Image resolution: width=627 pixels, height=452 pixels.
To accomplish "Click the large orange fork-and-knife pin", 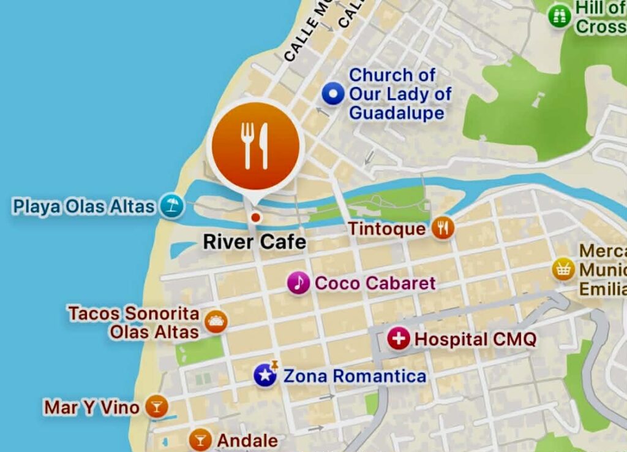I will click(x=255, y=146).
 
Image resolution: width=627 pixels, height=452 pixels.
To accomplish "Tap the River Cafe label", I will click(x=255, y=242).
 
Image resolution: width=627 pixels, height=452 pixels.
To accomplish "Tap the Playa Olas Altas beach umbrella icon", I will click(x=172, y=205).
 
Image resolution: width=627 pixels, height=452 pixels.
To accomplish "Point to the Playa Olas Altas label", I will click(x=84, y=206).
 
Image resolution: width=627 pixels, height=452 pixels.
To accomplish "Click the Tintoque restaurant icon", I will click(x=443, y=228).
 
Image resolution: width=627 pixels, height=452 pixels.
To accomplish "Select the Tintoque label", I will click(x=386, y=229).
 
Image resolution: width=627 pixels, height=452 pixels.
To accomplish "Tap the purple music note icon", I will click(x=298, y=283).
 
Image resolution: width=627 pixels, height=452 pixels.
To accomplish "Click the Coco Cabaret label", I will click(x=375, y=283).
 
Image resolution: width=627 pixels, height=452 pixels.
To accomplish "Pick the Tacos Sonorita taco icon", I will click(x=216, y=321).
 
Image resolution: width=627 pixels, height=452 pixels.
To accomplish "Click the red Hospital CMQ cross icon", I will click(x=399, y=339).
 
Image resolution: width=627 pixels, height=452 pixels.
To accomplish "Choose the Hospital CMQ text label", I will click(x=475, y=339).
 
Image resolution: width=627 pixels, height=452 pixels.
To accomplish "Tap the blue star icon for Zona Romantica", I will click(x=265, y=375).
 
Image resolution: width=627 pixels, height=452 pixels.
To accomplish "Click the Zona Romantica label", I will click(x=354, y=376).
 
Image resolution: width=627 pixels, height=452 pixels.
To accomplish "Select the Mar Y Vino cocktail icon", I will click(x=157, y=407).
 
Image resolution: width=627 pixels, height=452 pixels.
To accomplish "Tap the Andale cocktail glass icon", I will click(x=200, y=439).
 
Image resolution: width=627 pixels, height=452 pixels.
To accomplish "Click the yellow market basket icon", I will click(x=563, y=269).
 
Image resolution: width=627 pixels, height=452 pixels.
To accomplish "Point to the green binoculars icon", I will click(x=559, y=17).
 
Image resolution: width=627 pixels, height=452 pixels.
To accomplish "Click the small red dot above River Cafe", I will click(x=255, y=217).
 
